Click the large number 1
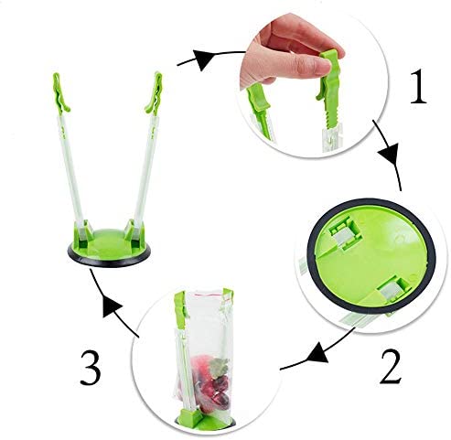point(419,87)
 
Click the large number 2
point(391,367)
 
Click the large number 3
point(91,368)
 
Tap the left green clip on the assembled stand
point(61,93)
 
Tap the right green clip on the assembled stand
point(154,93)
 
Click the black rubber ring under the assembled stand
point(109,258)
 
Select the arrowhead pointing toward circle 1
point(202,59)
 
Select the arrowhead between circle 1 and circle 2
point(390,153)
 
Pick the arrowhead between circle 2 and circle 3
point(318,353)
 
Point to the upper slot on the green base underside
point(346,233)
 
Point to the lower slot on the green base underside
point(393,289)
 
